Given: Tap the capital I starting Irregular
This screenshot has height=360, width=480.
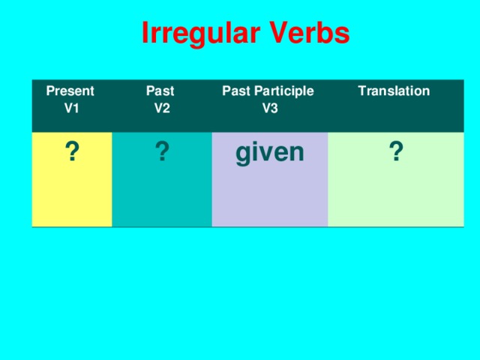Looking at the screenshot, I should (145, 34).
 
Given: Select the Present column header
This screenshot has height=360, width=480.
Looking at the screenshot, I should (70, 91).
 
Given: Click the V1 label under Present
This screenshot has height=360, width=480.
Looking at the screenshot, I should (72, 107).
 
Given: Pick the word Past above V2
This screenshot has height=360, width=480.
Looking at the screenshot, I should (160, 91).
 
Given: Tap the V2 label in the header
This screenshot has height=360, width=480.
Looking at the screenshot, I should (161, 107).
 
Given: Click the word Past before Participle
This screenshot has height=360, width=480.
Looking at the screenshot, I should (235, 91).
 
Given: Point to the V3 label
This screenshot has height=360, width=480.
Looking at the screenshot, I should (270, 107).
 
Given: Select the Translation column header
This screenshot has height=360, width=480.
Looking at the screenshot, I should (394, 91).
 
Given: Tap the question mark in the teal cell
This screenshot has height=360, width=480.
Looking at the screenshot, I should (160, 153).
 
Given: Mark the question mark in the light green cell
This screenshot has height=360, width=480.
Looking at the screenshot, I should (396, 153).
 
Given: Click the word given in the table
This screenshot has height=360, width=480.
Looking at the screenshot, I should (270, 153).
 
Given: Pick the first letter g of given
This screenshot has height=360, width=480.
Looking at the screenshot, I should (244, 154).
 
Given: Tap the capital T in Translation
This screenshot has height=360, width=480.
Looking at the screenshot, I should (362, 91).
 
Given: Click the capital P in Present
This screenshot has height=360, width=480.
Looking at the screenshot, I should (49, 91).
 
